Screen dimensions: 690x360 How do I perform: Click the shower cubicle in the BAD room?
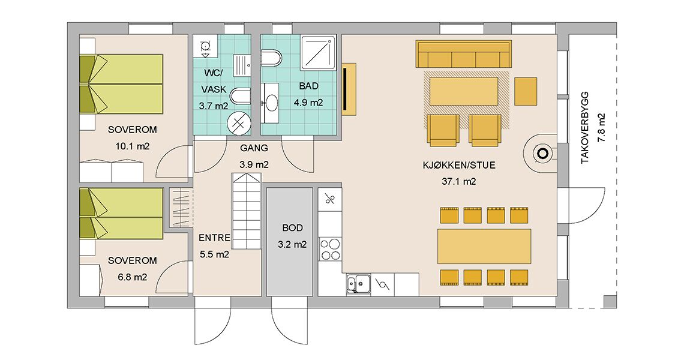319,53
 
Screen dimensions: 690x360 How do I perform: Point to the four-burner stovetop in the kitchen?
330,249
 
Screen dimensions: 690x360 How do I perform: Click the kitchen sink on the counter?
358,283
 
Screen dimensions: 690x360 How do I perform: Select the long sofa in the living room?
464,55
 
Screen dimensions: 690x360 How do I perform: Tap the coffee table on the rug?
464,91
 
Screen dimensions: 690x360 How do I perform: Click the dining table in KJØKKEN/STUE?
484,246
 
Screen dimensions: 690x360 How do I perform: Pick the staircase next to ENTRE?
246,211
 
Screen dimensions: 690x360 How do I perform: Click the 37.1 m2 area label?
458,181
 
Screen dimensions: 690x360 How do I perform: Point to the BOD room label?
293,228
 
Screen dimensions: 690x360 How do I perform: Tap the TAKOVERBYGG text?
585,128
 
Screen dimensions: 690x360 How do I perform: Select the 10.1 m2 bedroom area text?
133,146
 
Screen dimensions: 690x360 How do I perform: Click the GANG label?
254,148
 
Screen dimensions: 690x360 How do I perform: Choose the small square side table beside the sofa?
526,91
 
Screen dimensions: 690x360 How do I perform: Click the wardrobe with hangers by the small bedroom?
181,208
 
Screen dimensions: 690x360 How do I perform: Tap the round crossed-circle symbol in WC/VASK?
239,122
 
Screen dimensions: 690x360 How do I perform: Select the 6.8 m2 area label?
133,277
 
